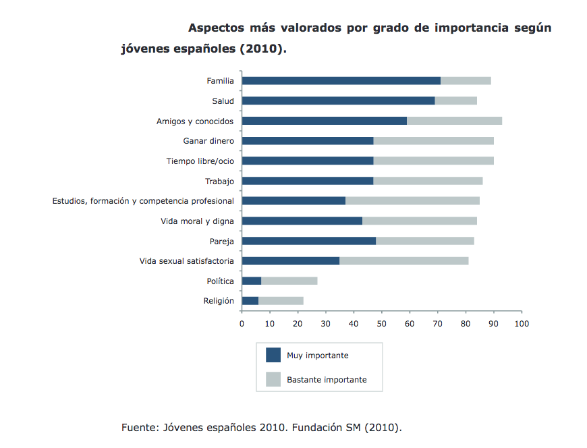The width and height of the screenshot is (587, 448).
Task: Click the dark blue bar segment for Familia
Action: coord(341,81)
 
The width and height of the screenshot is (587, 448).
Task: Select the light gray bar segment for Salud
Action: coord(455,101)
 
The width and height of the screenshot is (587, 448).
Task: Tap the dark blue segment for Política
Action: coord(251,281)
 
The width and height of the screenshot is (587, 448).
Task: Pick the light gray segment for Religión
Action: coord(281,300)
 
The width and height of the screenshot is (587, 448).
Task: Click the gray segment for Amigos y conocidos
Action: coord(454,121)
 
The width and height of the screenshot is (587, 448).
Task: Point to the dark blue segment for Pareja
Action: coord(308,241)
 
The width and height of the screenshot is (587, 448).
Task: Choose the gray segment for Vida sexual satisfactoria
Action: coord(403,260)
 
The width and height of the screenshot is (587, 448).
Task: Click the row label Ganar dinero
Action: coord(208,141)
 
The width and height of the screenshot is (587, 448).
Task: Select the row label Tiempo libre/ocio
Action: coord(200,161)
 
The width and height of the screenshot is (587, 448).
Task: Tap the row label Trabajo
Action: coord(219,181)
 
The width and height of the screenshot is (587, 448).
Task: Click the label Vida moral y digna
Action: coord(197,221)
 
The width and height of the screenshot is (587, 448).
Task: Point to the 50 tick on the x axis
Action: coord(382,323)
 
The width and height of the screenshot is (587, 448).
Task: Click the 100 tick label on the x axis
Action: coord(522,323)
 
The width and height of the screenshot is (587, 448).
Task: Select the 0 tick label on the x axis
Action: coord(242,323)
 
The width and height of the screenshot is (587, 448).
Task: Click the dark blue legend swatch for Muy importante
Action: coord(273,355)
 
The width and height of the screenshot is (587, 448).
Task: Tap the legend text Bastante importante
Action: coord(327,380)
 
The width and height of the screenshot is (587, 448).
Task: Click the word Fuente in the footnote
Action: coord(140,428)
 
